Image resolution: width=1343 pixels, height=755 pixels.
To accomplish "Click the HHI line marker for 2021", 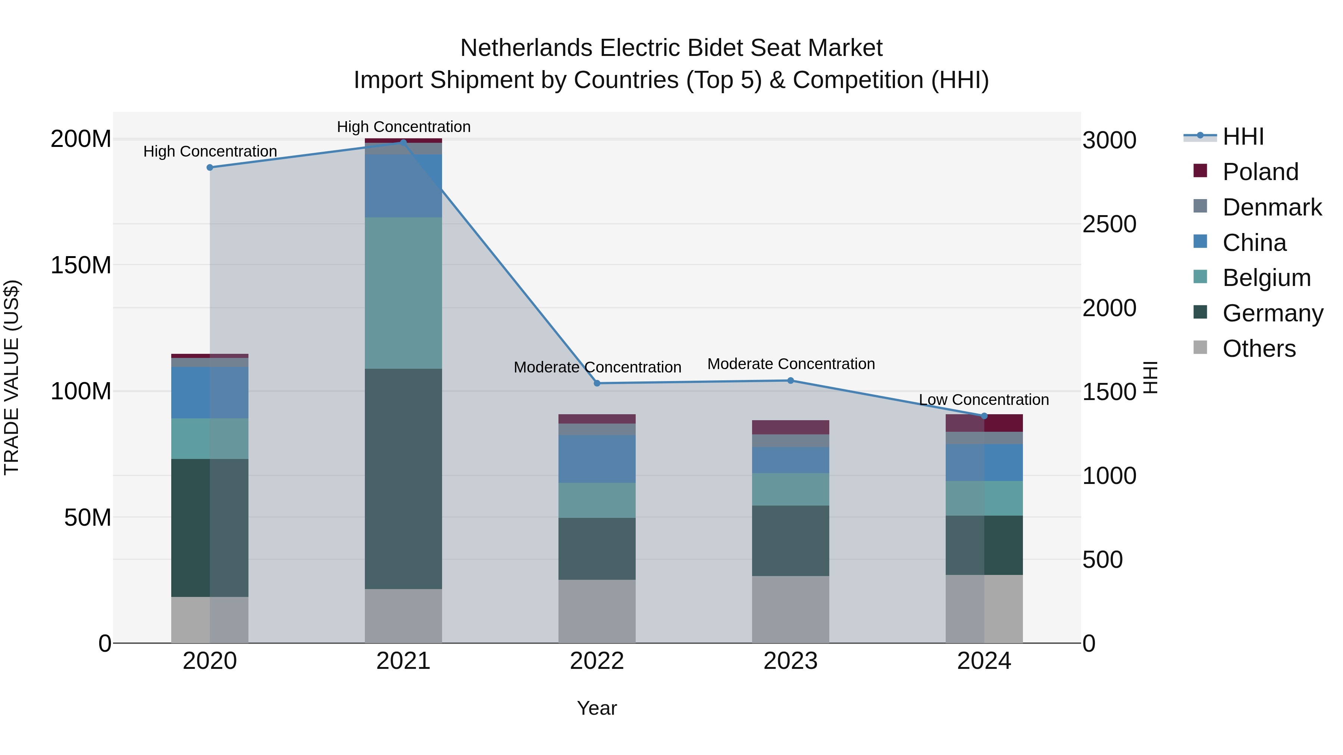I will pyautogui.click(x=403, y=142).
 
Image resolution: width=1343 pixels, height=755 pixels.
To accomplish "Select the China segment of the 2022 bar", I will pyautogui.click(x=597, y=459).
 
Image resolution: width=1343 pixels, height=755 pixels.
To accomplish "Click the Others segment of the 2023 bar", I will pyautogui.click(x=791, y=609).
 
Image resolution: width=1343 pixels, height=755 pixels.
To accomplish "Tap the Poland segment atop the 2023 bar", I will pyautogui.click(x=791, y=427).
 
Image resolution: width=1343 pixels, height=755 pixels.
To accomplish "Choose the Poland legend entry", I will pyautogui.click(x=1260, y=172).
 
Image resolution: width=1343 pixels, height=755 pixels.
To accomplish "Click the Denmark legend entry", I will pyautogui.click(x=1272, y=207).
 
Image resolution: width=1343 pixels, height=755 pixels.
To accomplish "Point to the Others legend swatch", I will pyautogui.click(x=1200, y=347).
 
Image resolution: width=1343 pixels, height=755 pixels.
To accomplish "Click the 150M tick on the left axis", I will pyautogui.click(x=81, y=265).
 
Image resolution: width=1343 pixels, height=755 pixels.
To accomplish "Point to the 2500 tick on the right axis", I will pyautogui.click(x=1109, y=224).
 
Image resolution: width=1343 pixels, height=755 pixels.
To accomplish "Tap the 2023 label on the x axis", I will pyautogui.click(x=791, y=661).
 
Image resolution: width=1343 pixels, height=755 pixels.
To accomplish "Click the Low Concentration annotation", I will pyautogui.click(x=984, y=400).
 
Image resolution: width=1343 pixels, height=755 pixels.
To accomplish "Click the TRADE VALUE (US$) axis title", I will pyautogui.click(x=12, y=377).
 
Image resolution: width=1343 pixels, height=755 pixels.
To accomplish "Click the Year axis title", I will pyautogui.click(x=597, y=708).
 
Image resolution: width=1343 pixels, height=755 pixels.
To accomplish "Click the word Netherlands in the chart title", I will pyautogui.click(x=526, y=48).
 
